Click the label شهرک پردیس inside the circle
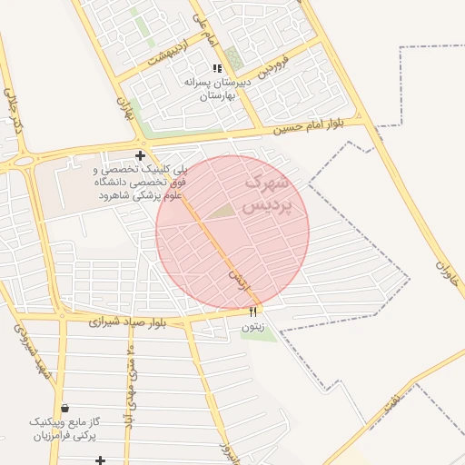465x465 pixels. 266,194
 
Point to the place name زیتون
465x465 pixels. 253,325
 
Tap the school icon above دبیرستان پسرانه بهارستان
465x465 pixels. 216,68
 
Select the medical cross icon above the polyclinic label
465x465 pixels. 140,155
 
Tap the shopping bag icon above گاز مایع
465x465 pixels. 63,408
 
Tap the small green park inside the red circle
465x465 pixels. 223,211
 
